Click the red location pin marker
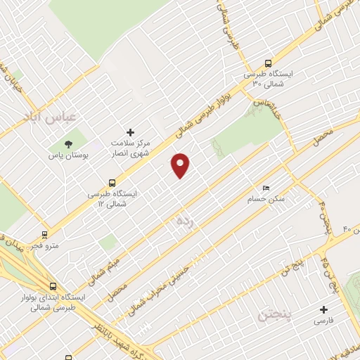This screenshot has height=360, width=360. click(x=181, y=165)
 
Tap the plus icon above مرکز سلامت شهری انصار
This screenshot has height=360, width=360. click(x=129, y=131)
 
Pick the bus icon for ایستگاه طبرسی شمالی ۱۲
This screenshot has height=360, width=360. click(x=112, y=182)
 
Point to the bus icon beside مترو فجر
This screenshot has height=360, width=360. click(x=44, y=235)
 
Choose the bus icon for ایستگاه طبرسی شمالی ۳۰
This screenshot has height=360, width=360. click(x=266, y=63)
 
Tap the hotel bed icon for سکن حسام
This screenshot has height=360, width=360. click(x=265, y=188)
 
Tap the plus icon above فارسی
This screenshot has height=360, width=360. click(x=323, y=309)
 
